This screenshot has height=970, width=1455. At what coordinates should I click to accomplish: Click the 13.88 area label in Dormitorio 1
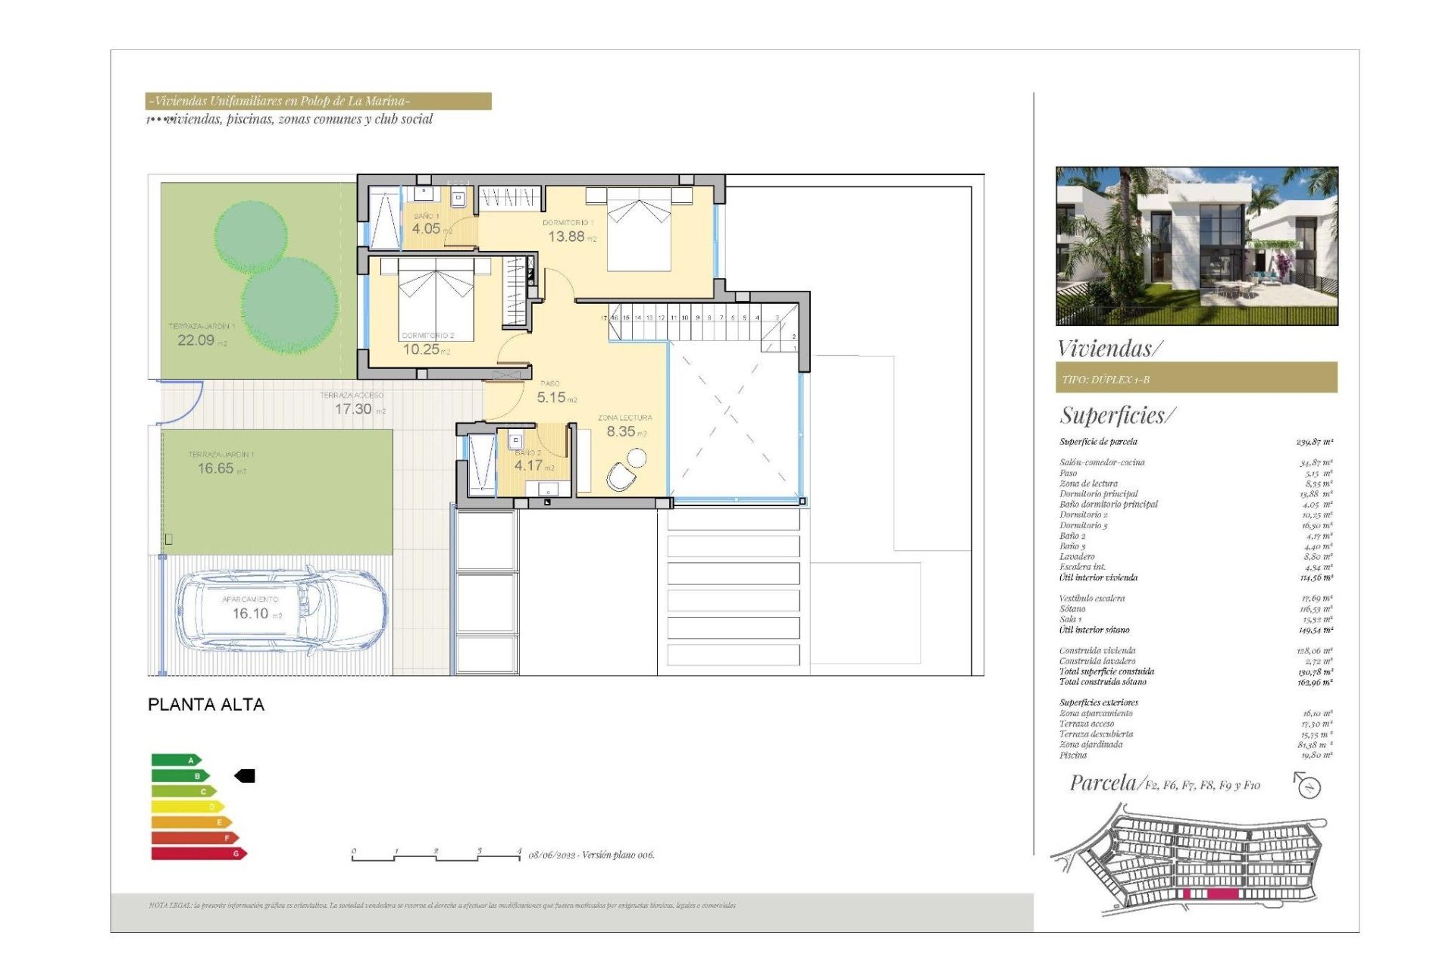(567, 236)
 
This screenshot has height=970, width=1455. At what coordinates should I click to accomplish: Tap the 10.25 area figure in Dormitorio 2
(421, 349)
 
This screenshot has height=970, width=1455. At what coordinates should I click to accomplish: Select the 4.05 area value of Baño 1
(426, 228)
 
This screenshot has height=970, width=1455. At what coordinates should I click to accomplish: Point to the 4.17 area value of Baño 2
(529, 465)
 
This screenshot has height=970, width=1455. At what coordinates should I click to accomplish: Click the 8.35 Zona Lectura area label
(621, 431)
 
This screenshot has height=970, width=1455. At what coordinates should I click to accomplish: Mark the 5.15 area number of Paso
(552, 397)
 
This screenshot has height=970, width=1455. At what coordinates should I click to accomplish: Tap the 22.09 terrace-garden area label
(196, 340)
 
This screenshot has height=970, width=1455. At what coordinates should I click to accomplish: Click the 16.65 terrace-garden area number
(215, 468)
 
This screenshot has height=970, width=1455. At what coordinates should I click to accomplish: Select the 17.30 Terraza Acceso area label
(353, 408)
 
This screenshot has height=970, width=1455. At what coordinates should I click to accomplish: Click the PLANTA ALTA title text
(206, 705)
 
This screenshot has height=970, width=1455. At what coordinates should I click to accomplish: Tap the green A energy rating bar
(176, 759)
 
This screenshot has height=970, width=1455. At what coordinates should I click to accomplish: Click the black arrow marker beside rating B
(245, 775)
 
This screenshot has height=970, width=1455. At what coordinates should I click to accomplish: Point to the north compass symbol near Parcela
(1307, 786)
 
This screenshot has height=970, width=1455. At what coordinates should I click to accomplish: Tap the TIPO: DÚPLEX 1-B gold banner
(1196, 378)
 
